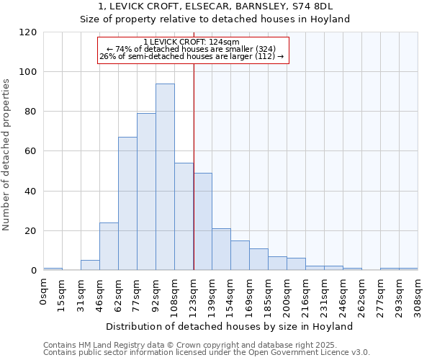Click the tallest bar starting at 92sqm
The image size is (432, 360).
(x=165, y=177)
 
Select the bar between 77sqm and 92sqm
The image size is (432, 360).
(x=146, y=192)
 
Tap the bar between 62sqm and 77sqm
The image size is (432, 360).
(x=127, y=204)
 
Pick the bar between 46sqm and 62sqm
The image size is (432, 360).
(x=109, y=246)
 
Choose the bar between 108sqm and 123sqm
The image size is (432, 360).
(x=184, y=217)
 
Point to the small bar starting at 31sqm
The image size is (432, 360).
(x=90, y=265)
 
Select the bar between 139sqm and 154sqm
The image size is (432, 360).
(x=221, y=250)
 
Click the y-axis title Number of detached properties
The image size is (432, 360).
(x=7, y=155)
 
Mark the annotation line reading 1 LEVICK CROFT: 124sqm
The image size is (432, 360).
(x=192, y=42)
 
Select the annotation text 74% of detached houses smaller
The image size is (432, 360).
(x=192, y=49)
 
